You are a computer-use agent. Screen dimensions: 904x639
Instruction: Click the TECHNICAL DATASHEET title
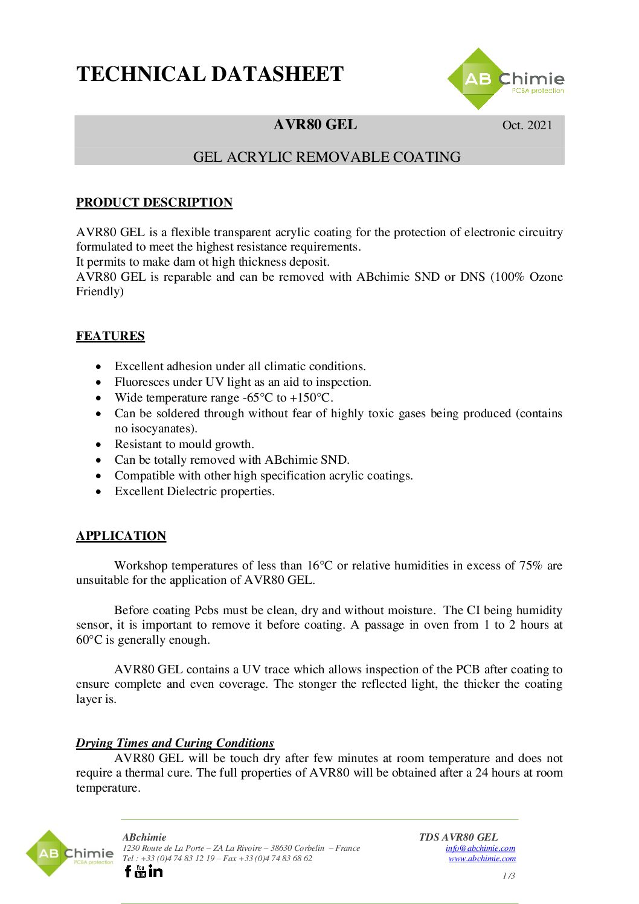(x=210, y=74)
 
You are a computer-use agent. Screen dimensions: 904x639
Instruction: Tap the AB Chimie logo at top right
(x=506, y=79)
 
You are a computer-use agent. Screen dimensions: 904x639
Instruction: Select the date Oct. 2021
(x=527, y=125)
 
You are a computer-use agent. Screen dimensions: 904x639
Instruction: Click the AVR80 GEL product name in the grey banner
(x=315, y=124)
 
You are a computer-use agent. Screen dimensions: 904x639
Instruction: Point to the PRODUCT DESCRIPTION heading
(x=154, y=202)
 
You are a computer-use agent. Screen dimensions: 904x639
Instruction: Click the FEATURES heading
(x=111, y=336)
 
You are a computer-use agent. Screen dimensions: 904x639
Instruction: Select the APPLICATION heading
(x=121, y=536)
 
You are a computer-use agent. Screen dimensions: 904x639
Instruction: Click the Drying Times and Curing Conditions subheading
(x=175, y=743)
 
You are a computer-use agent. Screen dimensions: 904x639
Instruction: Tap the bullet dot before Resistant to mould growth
(x=99, y=444)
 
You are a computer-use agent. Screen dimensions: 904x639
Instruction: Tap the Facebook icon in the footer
(x=128, y=871)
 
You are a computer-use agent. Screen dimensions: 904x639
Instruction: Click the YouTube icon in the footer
(x=141, y=871)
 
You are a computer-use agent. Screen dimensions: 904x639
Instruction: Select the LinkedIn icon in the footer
(x=155, y=871)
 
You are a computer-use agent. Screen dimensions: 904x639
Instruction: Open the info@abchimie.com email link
(x=480, y=848)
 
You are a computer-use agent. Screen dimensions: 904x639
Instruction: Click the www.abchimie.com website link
(x=482, y=858)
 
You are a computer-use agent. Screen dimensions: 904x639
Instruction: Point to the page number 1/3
(x=509, y=876)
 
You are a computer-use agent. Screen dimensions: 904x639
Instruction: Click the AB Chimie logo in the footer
(x=69, y=853)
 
